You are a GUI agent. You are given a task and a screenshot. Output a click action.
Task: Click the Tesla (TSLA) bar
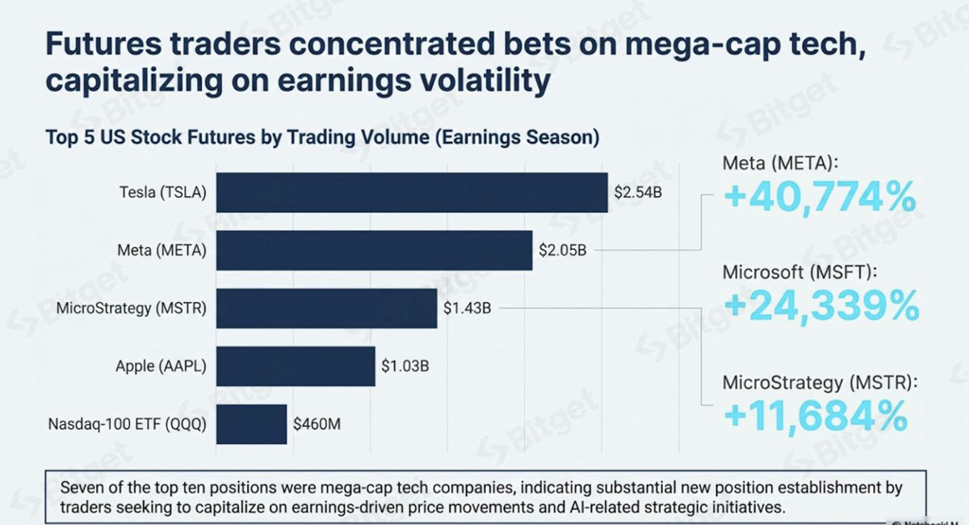(x=412, y=192)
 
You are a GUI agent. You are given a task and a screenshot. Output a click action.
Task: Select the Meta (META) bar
(x=374, y=250)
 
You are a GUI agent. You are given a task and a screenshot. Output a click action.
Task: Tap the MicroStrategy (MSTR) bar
(x=326, y=309)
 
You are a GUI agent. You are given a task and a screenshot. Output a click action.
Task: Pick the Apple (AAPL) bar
(x=296, y=366)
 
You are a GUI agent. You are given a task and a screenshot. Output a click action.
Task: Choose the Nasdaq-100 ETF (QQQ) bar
(x=251, y=424)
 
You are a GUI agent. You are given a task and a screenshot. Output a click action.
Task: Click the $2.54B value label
(x=638, y=192)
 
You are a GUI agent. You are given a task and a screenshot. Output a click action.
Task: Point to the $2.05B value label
(x=562, y=250)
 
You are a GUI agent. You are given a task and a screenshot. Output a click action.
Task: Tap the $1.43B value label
(x=468, y=309)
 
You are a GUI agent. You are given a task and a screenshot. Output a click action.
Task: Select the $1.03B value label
(x=405, y=366)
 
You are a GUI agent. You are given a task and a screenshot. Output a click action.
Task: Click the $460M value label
(x=317, y=424)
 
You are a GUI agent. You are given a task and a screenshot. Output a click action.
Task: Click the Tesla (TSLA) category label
(x=163, y=192)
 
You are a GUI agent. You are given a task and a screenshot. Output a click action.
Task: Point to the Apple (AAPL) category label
(x=161, y=367)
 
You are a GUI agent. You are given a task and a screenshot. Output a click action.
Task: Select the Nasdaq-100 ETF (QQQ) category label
(x=128, y=424)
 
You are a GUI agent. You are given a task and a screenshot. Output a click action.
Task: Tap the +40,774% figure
(x=820, y=198)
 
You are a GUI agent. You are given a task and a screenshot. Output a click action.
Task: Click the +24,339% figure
(x=822, y=306)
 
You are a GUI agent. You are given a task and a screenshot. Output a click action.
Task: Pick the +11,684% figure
(x=816, y=416)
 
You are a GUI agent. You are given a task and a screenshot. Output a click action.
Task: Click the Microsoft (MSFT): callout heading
(x=800, y=273)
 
